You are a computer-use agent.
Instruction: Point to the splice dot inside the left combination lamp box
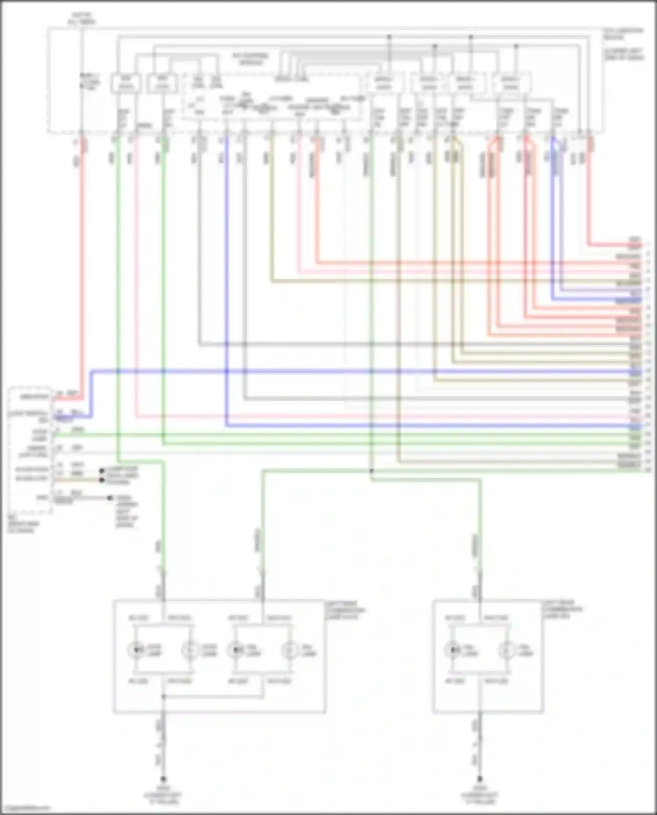(163, 696)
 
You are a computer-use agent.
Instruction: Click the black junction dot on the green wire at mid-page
(371, 471)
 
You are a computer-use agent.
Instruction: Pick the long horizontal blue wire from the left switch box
(350, 372)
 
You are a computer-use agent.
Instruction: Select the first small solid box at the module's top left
(126, 83)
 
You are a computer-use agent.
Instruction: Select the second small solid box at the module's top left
(162, 83)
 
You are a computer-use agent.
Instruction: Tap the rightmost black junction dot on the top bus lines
(516, 46)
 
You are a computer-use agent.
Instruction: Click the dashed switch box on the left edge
(30, 449)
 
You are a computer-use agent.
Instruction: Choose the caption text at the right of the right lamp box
(563, 609)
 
